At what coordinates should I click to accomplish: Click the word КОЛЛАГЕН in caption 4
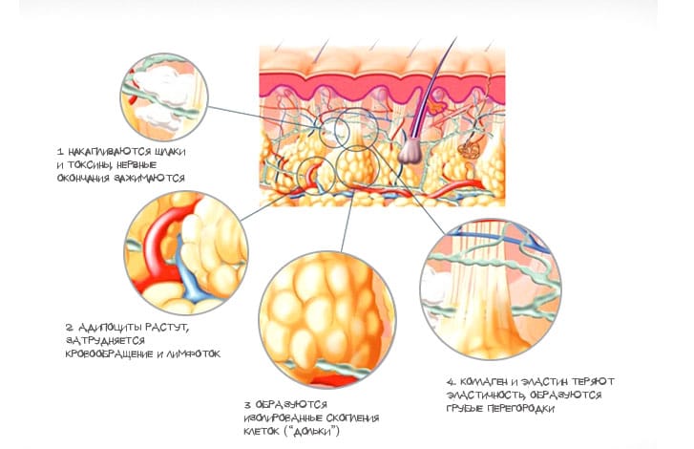[483, 382]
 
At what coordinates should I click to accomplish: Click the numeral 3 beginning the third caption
[247, 405]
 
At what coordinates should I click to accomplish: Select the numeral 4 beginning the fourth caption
[451, 382]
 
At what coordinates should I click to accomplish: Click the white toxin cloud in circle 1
[163, 86]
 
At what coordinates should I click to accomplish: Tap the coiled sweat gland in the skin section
[469, 150]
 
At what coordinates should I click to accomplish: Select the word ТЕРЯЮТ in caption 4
[593, 382]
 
